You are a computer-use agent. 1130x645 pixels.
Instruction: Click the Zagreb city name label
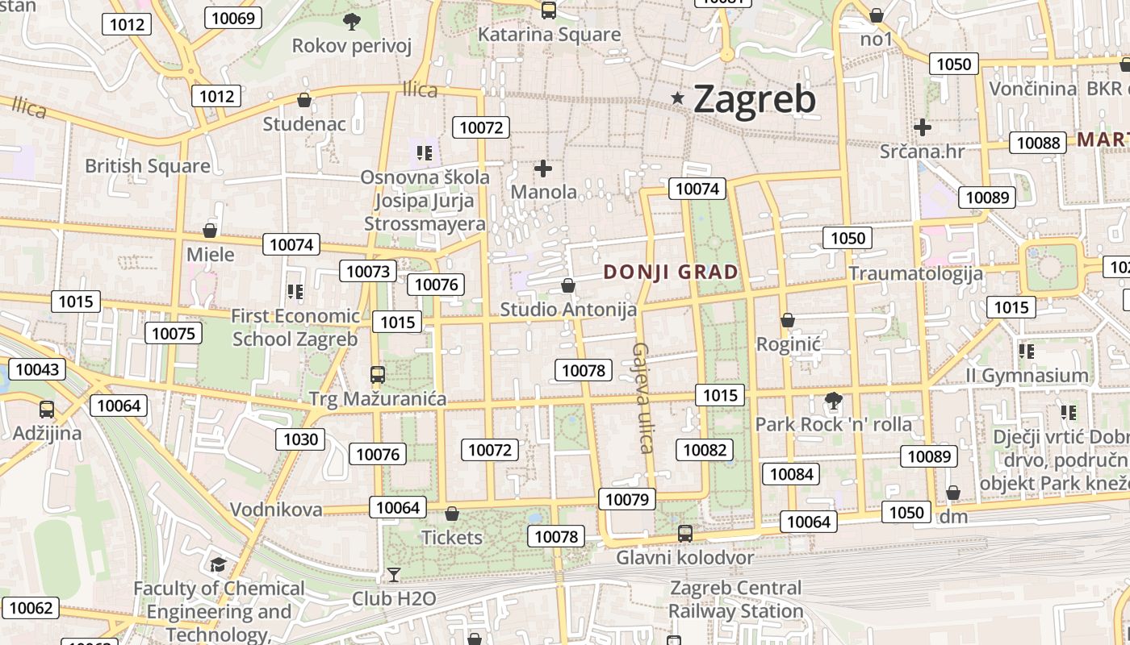tap(754, 99)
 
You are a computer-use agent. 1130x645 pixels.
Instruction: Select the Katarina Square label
tap(549, 35)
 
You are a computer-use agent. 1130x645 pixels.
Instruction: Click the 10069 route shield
tap(232, 18)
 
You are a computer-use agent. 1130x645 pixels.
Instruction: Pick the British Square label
tap(148, 166)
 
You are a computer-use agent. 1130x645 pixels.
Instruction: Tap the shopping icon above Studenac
tap(304, 100)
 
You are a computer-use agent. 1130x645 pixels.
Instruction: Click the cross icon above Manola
tap(543, 169)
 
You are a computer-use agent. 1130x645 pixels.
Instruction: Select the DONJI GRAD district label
tap(671, 273)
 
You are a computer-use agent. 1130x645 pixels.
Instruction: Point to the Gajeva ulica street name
tap(642, 398)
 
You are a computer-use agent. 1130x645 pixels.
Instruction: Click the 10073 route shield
tap(369, 271)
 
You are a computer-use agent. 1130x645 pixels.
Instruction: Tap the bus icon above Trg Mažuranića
tap(377, 374)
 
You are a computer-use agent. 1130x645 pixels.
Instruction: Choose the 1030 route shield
tap(301, 439)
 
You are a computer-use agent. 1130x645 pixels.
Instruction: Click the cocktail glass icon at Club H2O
tap(393, 574)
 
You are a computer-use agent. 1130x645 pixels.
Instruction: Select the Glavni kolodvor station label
tap(684, 557)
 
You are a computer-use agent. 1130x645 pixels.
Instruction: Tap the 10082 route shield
tap(705, 450)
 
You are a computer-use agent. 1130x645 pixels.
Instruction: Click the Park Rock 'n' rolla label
tap(833, 424)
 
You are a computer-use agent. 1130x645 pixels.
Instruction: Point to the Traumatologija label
tap(915, 273)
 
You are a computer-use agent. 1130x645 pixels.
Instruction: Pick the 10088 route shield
tap(1038, 143)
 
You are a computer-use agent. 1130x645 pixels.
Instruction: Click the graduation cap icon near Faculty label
tap(218, 564)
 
